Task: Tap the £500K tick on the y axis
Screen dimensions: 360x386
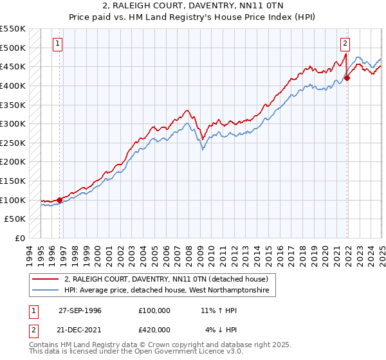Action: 13,48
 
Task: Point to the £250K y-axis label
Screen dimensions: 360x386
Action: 13,143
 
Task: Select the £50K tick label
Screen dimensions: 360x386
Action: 15,219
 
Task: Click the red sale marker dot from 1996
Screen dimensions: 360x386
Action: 59,200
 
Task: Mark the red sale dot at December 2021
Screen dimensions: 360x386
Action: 347,78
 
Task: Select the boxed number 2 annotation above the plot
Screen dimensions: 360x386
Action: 345,44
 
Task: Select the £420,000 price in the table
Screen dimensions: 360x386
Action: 154,330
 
